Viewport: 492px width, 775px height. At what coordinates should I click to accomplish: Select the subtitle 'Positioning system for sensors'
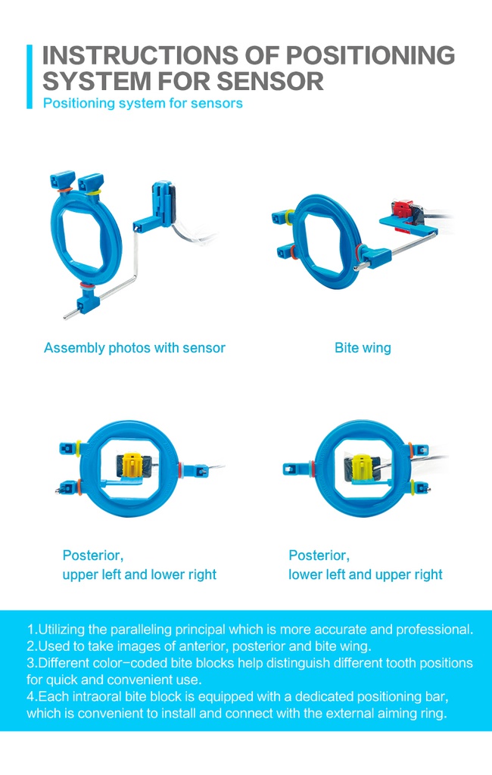[x=142, y=103]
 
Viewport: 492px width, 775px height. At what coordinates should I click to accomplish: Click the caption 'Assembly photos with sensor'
[x=135, y=348]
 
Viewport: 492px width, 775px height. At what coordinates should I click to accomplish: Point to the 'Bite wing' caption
[x=363, y=348]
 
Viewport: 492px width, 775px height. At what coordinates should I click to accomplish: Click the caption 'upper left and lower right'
[x=139, y=574]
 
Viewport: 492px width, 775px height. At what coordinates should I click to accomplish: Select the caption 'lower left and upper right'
[x=366, y=574]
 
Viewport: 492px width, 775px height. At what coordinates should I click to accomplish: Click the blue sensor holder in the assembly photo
[x=162, y=203]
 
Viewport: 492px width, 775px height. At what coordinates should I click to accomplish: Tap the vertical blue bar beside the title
[x=30, y=76]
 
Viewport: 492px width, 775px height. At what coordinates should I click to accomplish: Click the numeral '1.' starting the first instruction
[x=32, y=630]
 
